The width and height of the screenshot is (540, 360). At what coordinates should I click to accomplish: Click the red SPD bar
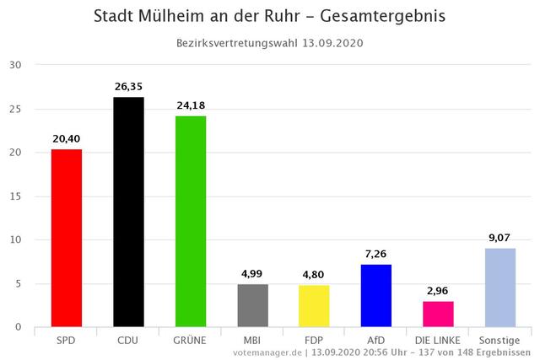tap(67, 238)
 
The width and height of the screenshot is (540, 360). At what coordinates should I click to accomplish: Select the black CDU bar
tap(128, 212)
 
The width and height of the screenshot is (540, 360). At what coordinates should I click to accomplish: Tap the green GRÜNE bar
tap(191, 221)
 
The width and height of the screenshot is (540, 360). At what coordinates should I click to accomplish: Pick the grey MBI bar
tap(252, 305)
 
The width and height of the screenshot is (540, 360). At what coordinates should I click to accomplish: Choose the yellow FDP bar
tap(314, 306)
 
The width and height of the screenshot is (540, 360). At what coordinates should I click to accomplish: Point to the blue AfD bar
tap(376, 295)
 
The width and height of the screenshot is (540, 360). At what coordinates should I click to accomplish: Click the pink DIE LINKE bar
tap(438, 314)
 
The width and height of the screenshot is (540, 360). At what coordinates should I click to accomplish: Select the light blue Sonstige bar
tap(500, 287)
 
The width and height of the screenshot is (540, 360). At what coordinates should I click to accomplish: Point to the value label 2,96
tap(438, 290)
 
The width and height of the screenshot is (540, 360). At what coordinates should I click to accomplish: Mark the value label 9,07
tap(500, 237)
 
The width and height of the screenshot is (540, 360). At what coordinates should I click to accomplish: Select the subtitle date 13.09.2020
tap(332, 43)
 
